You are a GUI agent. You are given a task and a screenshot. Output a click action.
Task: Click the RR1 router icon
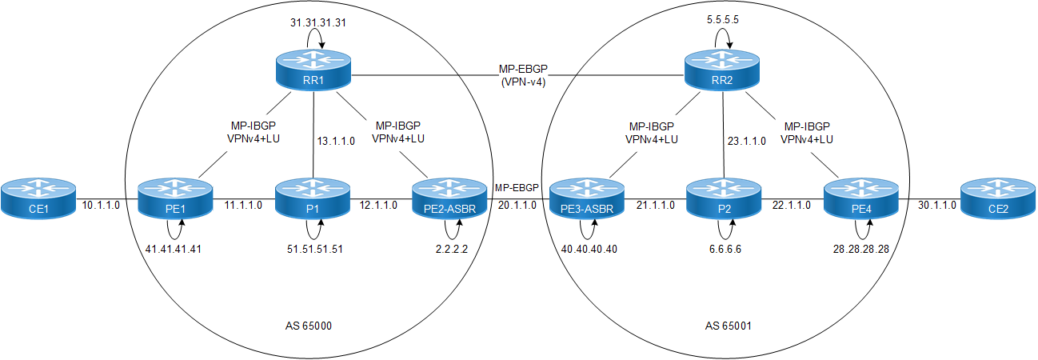pos(313,70)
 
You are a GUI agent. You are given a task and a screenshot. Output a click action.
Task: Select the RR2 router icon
pos(723,70)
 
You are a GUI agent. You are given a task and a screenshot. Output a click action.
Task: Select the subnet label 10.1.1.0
pos(101,206)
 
